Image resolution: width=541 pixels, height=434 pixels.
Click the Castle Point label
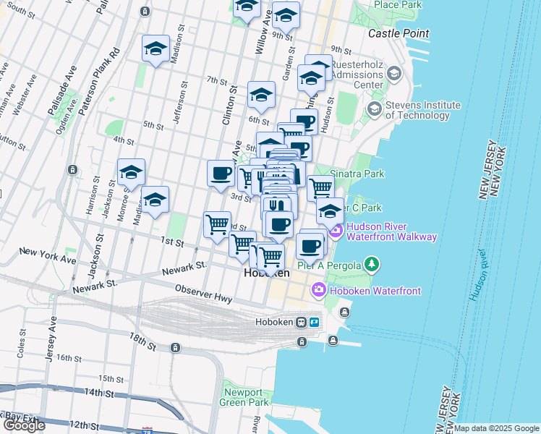(398, 33)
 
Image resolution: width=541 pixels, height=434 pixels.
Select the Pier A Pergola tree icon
(372, 265)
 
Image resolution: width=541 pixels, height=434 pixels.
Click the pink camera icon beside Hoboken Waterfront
(319, 291)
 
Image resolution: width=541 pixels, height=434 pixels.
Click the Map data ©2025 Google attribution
(496, 428)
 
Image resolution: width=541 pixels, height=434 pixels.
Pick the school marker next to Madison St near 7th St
(156, 48)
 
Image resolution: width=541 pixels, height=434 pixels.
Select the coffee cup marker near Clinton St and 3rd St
(221, 174)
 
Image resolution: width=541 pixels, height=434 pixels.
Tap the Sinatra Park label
(357, 174)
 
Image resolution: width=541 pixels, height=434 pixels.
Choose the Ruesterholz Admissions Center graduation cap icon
(394, 74)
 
